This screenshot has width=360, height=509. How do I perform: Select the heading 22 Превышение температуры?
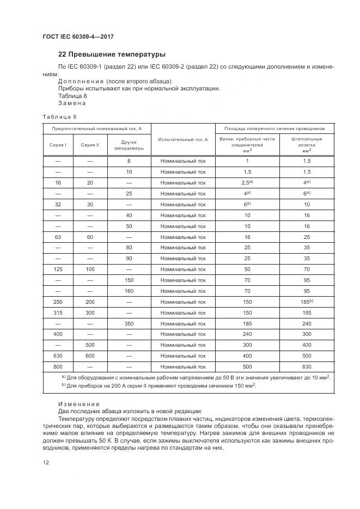[112, 54]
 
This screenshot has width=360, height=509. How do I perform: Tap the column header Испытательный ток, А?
[183, 139]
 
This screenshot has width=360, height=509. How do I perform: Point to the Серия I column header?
[58, 145]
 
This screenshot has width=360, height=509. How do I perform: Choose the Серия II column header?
[90, 145]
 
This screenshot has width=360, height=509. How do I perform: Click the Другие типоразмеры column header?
[129, 145]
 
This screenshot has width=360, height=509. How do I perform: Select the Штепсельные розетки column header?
[307, 145]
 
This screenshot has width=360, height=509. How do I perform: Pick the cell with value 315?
[58, 313]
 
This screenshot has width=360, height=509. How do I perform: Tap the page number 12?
[46, 463]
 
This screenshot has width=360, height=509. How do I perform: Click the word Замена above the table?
[72, 103]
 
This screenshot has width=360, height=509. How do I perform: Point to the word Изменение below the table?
[79, 403]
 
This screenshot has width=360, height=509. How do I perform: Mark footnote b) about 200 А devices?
[158, 385]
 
